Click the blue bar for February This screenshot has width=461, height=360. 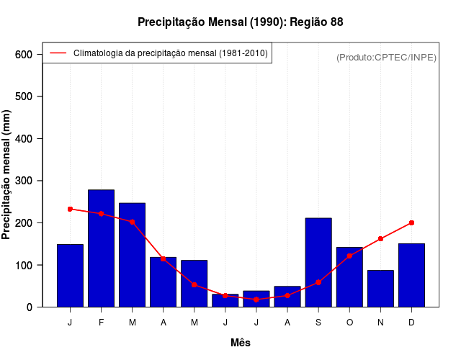click(x=101, y=248)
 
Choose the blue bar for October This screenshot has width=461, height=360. click(x=349, y=277)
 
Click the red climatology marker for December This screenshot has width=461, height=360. click(x=411, y=222)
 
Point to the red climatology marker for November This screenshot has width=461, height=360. click(x=380, y=238)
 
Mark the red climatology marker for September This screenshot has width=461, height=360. click(x=318, y=282)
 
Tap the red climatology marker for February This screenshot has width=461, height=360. click(x=101, y=214)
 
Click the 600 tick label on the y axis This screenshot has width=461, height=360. click(x=24, y=55)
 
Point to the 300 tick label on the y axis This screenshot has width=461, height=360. click(x=24, y=181)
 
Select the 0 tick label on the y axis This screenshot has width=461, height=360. click(x=29, y=307)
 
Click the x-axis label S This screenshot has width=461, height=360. click(x=318, y=323)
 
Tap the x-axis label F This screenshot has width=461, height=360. click(x=101, y=323)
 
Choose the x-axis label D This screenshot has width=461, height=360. click(x=411, y=323)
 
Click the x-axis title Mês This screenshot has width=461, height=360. click(x=241, y=343)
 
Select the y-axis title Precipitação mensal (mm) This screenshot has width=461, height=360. click(x=7, y=175)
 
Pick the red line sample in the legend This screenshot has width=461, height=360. click(x=58, y=53)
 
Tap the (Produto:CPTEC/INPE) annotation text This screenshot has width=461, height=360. click(x=386, y=57)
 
